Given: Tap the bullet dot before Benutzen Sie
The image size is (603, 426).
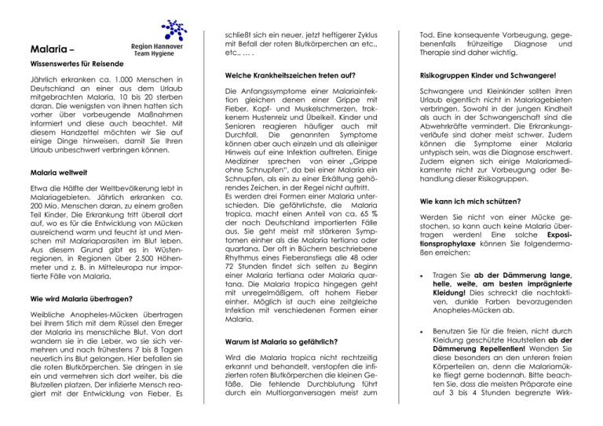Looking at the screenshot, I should (443, 332).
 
